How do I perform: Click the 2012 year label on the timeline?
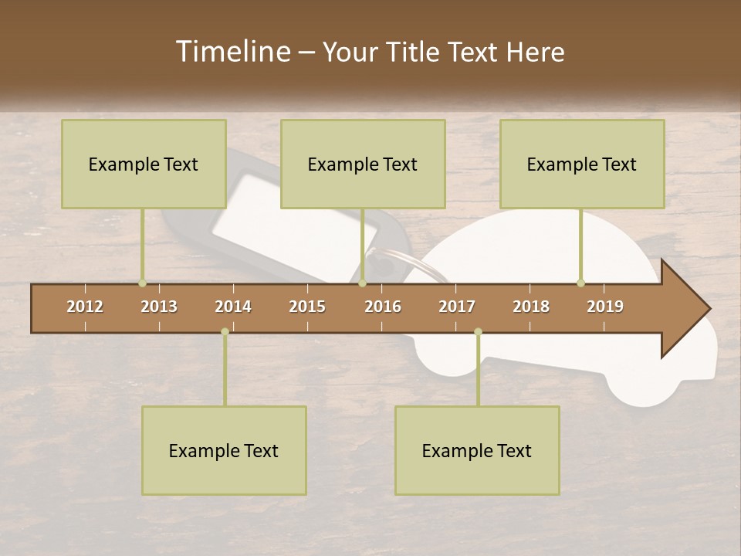(x=85, y=307)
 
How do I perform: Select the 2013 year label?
(x=159, y=307)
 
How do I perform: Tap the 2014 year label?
(x=233, y=307)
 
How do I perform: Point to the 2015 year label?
(x=307, y=307)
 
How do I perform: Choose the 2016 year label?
(x=383, y=307)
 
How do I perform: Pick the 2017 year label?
(x=457, y=307)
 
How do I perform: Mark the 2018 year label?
(x=531, y=307)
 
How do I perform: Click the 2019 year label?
(x=605, y=307)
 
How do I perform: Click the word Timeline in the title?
(x=233, y=52)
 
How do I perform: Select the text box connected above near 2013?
(x=144, y=164)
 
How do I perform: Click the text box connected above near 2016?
(x=363, y=164)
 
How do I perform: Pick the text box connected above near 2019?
(x=582, y=164)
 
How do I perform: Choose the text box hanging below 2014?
(x=224, y=450)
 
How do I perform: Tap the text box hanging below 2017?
(x=477, y=450)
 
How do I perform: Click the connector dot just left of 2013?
(x=142, y=283)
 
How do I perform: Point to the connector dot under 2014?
(x=225, y=331)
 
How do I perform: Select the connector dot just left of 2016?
(x=362, y=283)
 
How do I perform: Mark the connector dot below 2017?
(x=478, y=331)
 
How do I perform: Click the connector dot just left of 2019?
(x=580, y=283)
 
